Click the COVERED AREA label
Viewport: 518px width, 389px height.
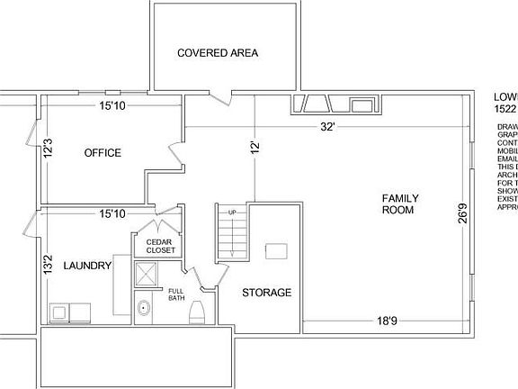pyautogui.click(x=218, y=53)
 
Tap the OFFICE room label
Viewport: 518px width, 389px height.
pyautogui.click(x=103, y=153)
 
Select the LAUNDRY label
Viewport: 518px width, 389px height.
pyautogui.click(x=87, y=266)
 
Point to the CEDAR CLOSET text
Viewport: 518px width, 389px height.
pyautogui.click(x=155, y=245)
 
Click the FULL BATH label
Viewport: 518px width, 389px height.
pyautogui.click(x=176, y=294)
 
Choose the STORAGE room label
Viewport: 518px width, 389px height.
pyautogui.click(x=266, y=293)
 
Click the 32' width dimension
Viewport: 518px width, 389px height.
pyautogui.click(x=328, y=127)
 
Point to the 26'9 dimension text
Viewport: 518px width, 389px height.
pyautogui.click(x=462, y=214)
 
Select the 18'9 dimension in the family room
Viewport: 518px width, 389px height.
pyautogui.click(x=388, y=321)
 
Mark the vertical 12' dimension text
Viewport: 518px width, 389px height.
pyautogui.click(x=256, y=149)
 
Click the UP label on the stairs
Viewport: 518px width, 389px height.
pyautogui.click(x=232, y=213)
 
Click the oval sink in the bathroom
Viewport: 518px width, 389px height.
pyautogui.click(x=143, y=309)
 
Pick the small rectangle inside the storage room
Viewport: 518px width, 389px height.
pyautogui.click(x=275, y=250)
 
